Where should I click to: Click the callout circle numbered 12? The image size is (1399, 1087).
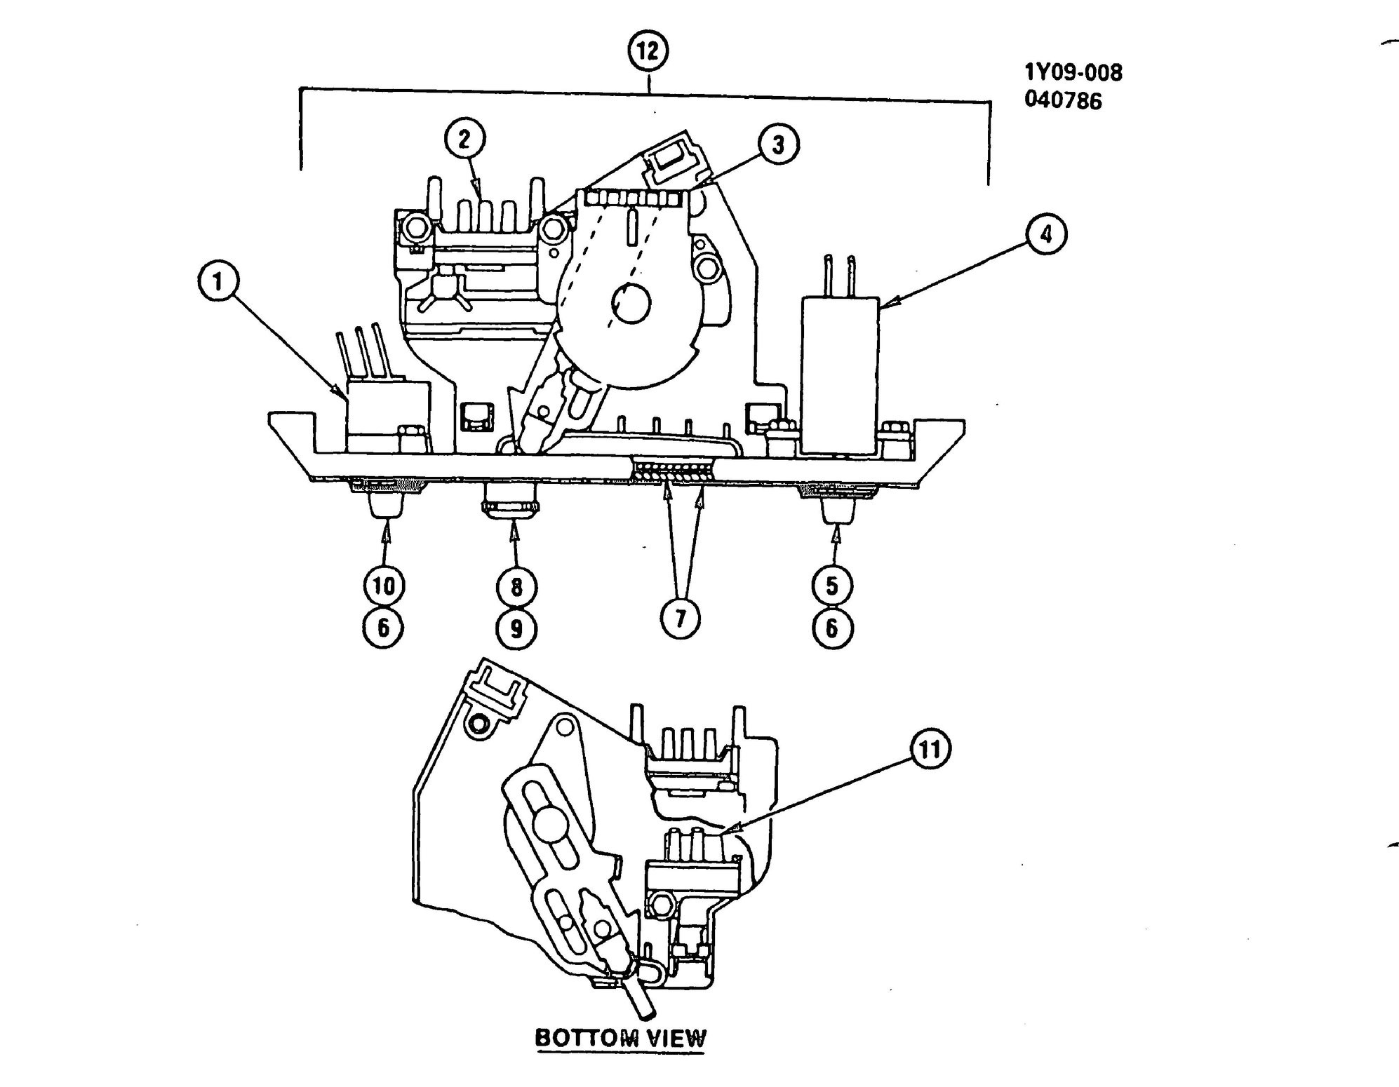click(648, 51)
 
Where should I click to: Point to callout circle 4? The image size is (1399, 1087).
click(1045, 234)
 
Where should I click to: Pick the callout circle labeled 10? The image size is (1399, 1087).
click(384, 586)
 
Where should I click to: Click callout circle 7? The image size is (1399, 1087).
click(680, 619)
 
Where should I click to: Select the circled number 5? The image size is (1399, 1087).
click(832, 586)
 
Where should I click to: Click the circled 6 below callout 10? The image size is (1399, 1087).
click(384, 628)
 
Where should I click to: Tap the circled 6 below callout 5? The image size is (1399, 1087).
click(832, 628)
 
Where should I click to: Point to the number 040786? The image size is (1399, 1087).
click(1063, 100)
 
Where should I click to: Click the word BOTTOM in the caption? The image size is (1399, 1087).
click(587, 1038)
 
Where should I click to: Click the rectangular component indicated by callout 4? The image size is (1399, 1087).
click(841, 374)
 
